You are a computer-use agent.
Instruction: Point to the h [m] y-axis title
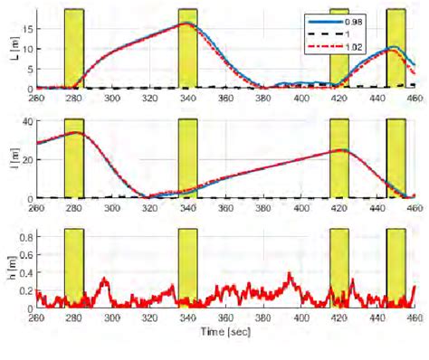[10, 269]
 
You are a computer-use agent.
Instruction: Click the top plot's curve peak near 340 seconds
[186, 24]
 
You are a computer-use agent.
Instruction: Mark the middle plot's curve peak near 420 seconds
[339, 150]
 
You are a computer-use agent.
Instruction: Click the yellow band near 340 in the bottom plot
[187, 268]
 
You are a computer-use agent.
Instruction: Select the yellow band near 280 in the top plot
[74, 49]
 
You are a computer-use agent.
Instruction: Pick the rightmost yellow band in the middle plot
[396, 158]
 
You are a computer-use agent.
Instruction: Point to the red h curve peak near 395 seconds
[290, 273]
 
